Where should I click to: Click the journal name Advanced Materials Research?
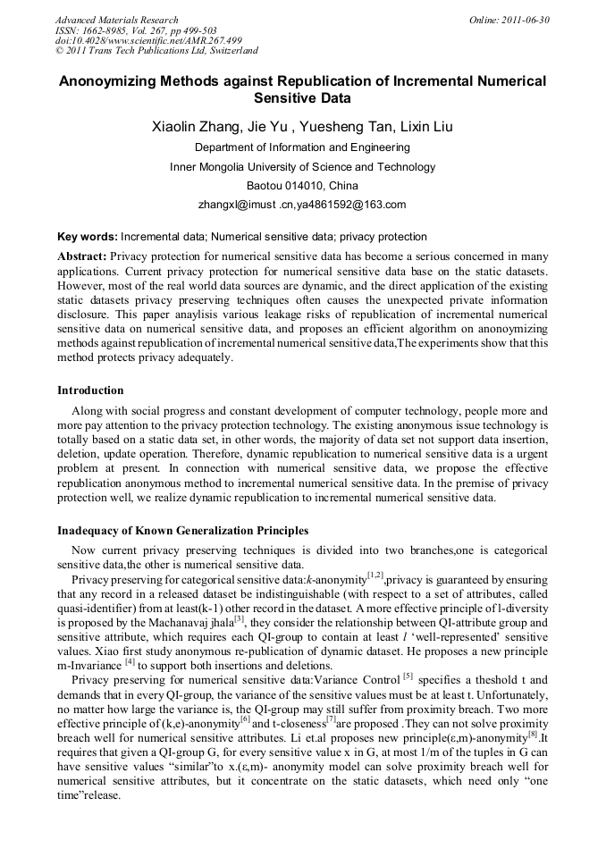(x=116, y=20)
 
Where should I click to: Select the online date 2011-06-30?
(x=527, y=20)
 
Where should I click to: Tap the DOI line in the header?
(x=147, y=40)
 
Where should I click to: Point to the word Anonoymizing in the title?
(x=112, y=80)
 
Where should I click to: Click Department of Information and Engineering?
(x=302, y=147)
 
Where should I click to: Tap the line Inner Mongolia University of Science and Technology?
(x=302, y=167)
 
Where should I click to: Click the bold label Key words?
(x=87, y=238)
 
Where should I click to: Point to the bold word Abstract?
(x=81, y=256)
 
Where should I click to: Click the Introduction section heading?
(x=90, y=391)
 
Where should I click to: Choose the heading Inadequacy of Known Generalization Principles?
(x=183, y=531)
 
